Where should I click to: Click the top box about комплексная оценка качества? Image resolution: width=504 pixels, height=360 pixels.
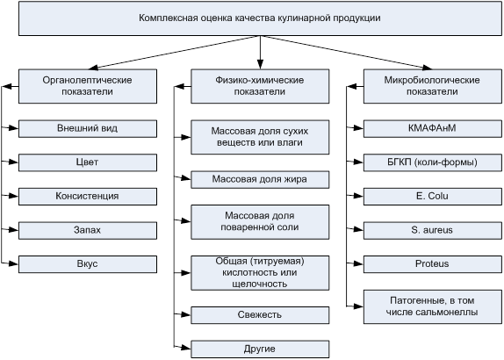click(x=260, y=18)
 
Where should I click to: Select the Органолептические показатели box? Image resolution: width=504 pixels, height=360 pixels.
click(x=88, y=86)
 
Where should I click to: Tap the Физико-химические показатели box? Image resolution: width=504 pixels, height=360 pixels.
click(x=260, y=86)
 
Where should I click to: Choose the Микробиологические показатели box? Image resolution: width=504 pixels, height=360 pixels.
click(x=433, y=86)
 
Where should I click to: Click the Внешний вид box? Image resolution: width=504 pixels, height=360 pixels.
click(x=88, y=128)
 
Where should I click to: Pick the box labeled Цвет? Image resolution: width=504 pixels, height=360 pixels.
click(x=88, y=162)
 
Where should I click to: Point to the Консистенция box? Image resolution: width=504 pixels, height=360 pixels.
click(x=88, y=197)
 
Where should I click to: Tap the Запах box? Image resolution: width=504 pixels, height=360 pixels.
click(x=88, y=230)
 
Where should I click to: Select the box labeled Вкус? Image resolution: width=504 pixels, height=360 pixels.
click(x=88, y=264)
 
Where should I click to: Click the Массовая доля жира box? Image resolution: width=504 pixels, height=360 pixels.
click(x=260, y=179)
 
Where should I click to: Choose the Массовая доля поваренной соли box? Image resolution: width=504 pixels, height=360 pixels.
click(x=260, y=222)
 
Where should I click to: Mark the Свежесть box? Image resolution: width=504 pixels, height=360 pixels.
click(x=260, y=315)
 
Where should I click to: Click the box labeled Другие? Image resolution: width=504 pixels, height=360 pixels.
click(x=260, y=349)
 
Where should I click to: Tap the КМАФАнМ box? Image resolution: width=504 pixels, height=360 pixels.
click(x=433, y=128)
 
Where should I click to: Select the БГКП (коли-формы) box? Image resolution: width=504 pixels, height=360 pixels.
click(x=433, y=162)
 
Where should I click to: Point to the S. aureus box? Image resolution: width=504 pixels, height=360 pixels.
click(x=433, y=230)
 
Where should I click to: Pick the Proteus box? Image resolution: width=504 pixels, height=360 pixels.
click(x=433, y=264)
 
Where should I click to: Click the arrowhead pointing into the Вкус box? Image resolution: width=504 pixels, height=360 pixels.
click(x=14, y=263)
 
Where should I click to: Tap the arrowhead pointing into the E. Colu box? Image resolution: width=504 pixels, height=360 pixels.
click(x=359, y=196)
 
